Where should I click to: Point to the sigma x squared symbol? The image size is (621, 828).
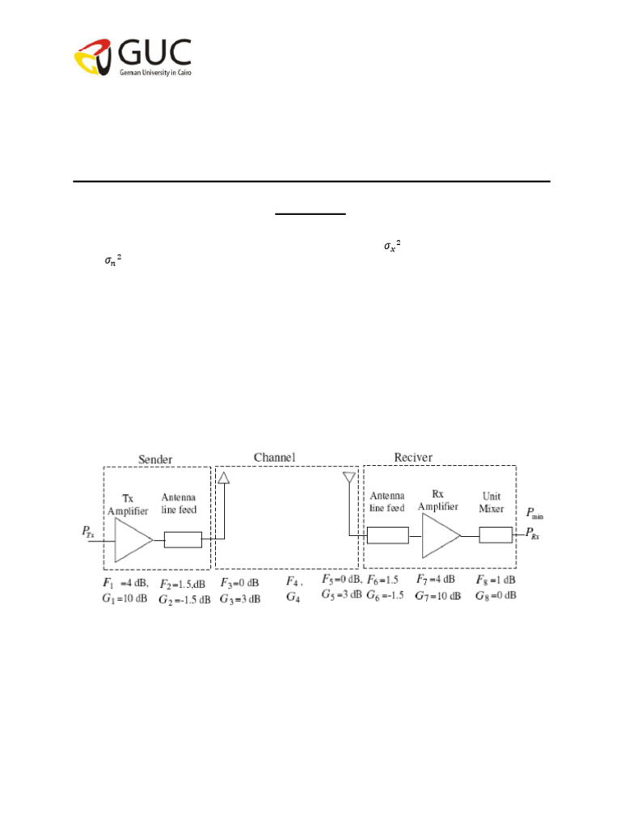(x=392, y=246)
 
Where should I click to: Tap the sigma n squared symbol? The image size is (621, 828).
(x=112, y=260)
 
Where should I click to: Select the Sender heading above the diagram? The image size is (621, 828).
(x=154, y=459)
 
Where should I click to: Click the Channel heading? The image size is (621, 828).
(x=274, y=458)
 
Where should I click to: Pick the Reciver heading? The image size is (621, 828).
(x=412, y=458)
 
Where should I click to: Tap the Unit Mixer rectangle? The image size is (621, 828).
(x=495, y=534)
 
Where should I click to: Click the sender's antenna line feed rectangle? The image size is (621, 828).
(x=183, y=539)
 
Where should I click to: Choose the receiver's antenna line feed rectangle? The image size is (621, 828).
(x=387, y=534)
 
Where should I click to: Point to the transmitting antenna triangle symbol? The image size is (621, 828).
(x=225, y=479)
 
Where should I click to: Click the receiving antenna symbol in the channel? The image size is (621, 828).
(x=349, y=479)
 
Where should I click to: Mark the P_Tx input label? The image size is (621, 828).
(x=90, y=531)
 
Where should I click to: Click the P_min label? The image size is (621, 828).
(x=535, y=512)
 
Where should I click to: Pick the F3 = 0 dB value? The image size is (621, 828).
(x=240, y=582)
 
